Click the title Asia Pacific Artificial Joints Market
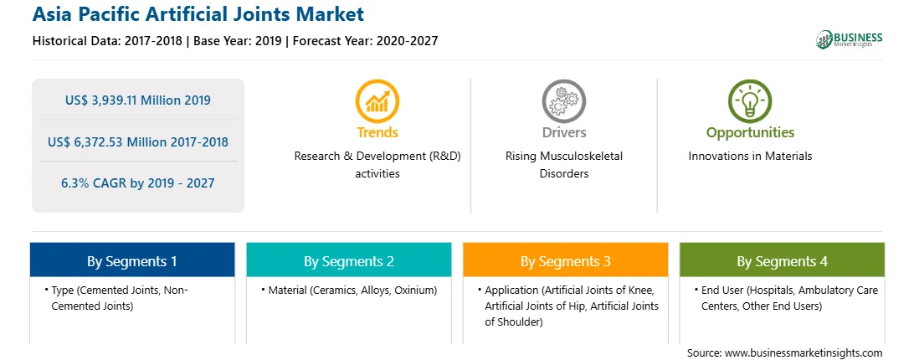[198, 14]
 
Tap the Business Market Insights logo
[850, 39]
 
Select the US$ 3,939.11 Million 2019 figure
[138, 100]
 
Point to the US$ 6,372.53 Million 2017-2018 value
[138, 141]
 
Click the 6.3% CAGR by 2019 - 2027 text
[138, 183]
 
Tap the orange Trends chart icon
[377, 101]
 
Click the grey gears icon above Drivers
[563, 101]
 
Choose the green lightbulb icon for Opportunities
[750, 101]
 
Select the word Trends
[377, 132]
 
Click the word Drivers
[564, 132]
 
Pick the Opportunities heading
[750, 133]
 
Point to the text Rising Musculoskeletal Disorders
[564, 165]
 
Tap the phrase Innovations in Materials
[750, 157]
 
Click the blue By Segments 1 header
[132, 260]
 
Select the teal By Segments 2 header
[348, 260]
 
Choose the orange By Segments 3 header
[566, 260]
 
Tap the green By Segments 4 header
[783, 260]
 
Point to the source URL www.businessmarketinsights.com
[804, 353]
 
